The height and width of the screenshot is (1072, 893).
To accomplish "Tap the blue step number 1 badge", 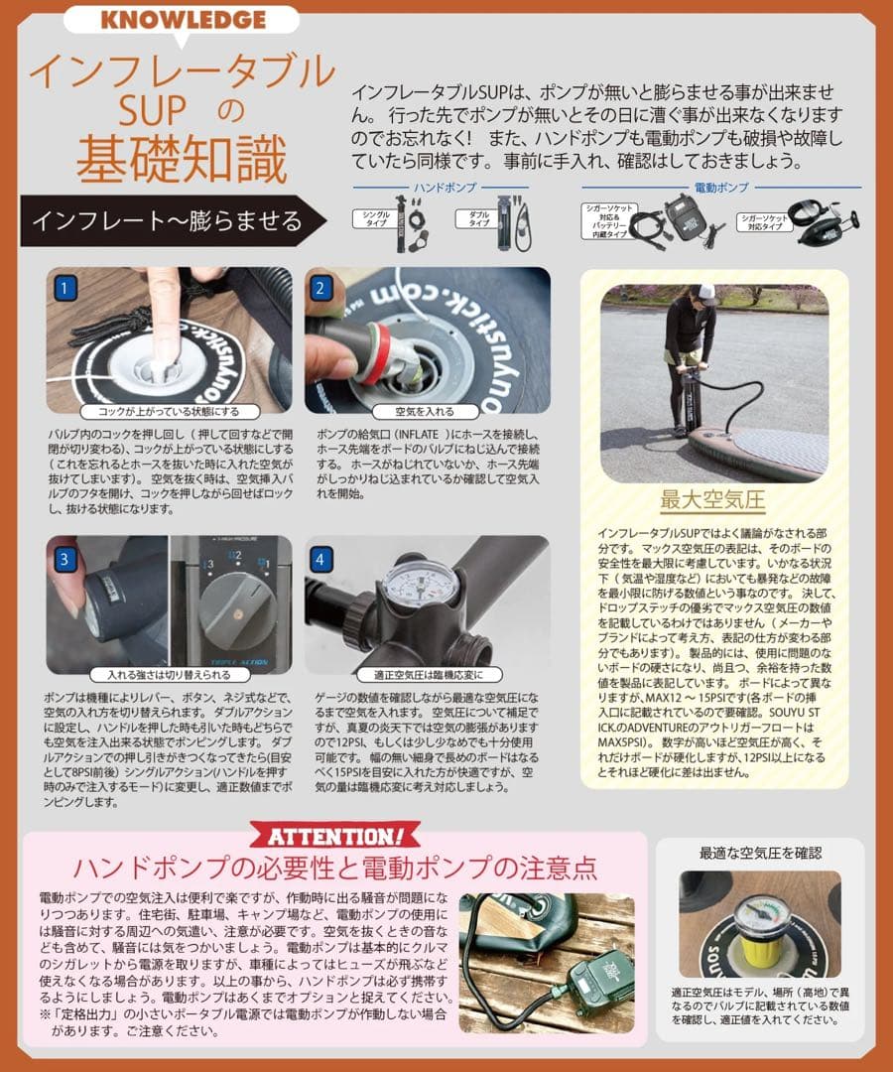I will point(64,289).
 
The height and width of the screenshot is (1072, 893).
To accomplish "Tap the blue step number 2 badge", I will point(320,289).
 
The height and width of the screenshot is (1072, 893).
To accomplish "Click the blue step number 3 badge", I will point(64,559).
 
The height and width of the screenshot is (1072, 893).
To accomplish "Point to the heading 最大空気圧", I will point(713,498).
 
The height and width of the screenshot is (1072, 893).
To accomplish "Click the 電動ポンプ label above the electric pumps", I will point(720,187).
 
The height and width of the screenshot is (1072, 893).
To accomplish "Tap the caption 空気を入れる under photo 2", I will point(427,411).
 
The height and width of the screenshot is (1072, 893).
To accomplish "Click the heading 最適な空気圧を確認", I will point(760,853).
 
